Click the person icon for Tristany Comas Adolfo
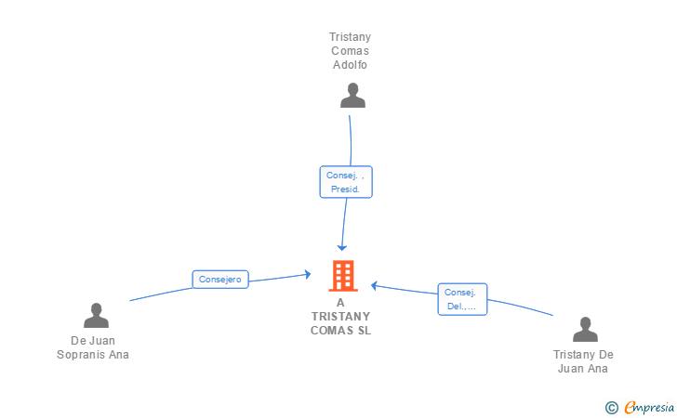click(352, 96)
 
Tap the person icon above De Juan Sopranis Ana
click(96, 316)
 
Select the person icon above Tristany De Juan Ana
click(584, 330)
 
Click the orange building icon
click(342, 276)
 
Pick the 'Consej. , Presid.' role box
click(346, 181)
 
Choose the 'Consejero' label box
click(220, 279)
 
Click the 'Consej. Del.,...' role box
click(462, 299)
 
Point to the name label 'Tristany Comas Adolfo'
click(350, 51)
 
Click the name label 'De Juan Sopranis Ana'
click(93, 347)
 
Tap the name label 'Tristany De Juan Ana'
click(583, 361)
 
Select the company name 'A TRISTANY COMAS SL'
click(340, 317)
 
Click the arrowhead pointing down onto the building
click(342, 247)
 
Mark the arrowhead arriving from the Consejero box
click(306, 274)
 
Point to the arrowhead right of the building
click(375, 285)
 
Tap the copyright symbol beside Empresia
click(612, 407)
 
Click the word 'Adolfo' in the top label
click(350, 65)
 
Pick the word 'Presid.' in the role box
click(346, 189)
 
